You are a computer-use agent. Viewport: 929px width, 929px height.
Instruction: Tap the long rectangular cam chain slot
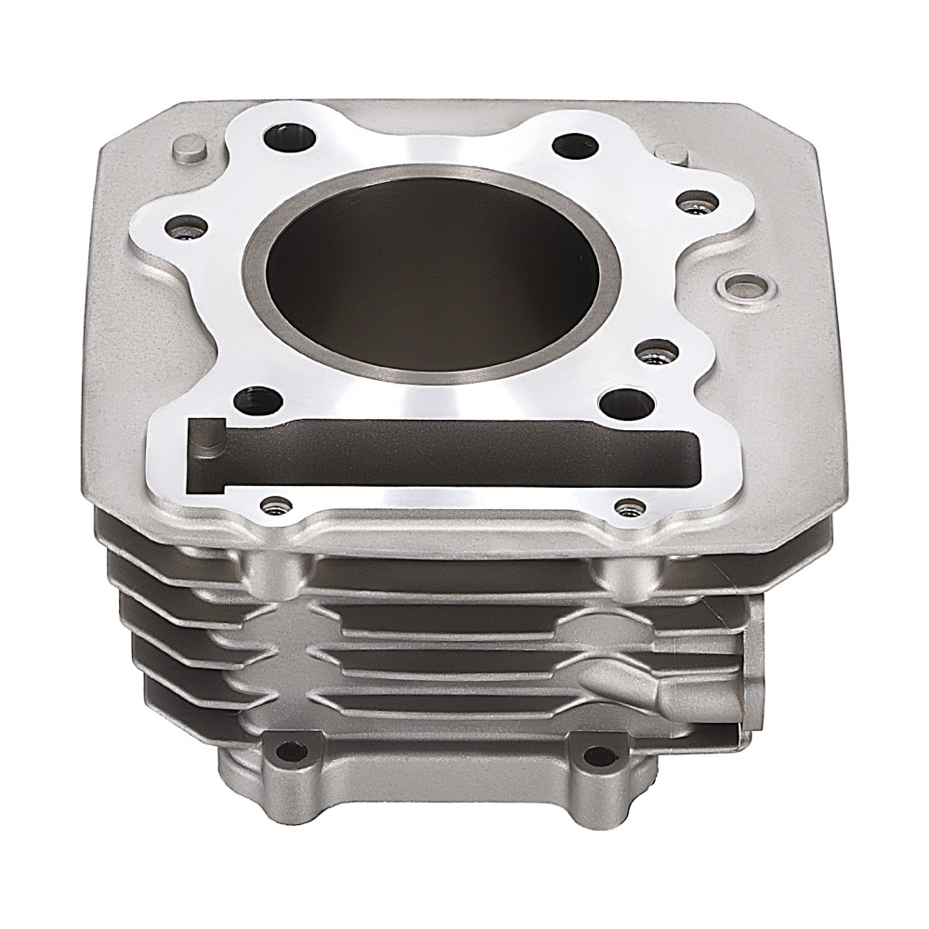tap(446, 452)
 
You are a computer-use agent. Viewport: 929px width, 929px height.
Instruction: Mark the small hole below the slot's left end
tap(273, 505)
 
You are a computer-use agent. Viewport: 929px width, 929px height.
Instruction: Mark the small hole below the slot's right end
tap(629, 508)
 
